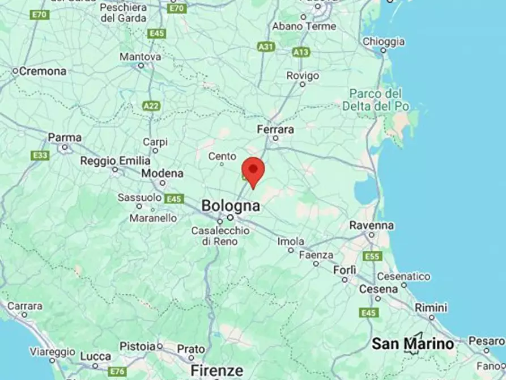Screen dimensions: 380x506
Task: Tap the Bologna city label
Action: click(x=231, y=205)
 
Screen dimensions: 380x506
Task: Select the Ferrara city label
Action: click(x=275, y=130)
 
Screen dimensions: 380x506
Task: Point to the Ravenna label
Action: click(x=371, y=225)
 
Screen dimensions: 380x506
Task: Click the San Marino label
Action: click(x=413, y=343)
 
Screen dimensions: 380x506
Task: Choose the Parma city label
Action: click(x=65, y=138)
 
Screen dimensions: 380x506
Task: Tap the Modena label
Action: click(x=162, y=173)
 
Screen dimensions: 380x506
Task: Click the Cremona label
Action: click(x=42, y=71)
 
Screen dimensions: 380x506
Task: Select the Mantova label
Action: click(x=140, y=57)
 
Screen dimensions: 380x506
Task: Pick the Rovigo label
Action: click(x=303, y=75)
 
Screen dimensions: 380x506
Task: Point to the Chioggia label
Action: click(x=384, y=41)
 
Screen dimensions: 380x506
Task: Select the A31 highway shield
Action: click(x=266, y=47)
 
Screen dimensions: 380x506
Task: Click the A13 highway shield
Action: click(x=301, y=52)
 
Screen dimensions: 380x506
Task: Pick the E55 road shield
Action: click(x=372, y=256)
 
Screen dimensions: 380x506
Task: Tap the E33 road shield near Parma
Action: click(x=40, y=155)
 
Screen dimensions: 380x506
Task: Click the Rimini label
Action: click(x=431, y=307)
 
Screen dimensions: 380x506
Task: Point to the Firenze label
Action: click(x=217, y=370)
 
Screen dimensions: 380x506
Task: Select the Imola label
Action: click(x=291, y=242)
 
